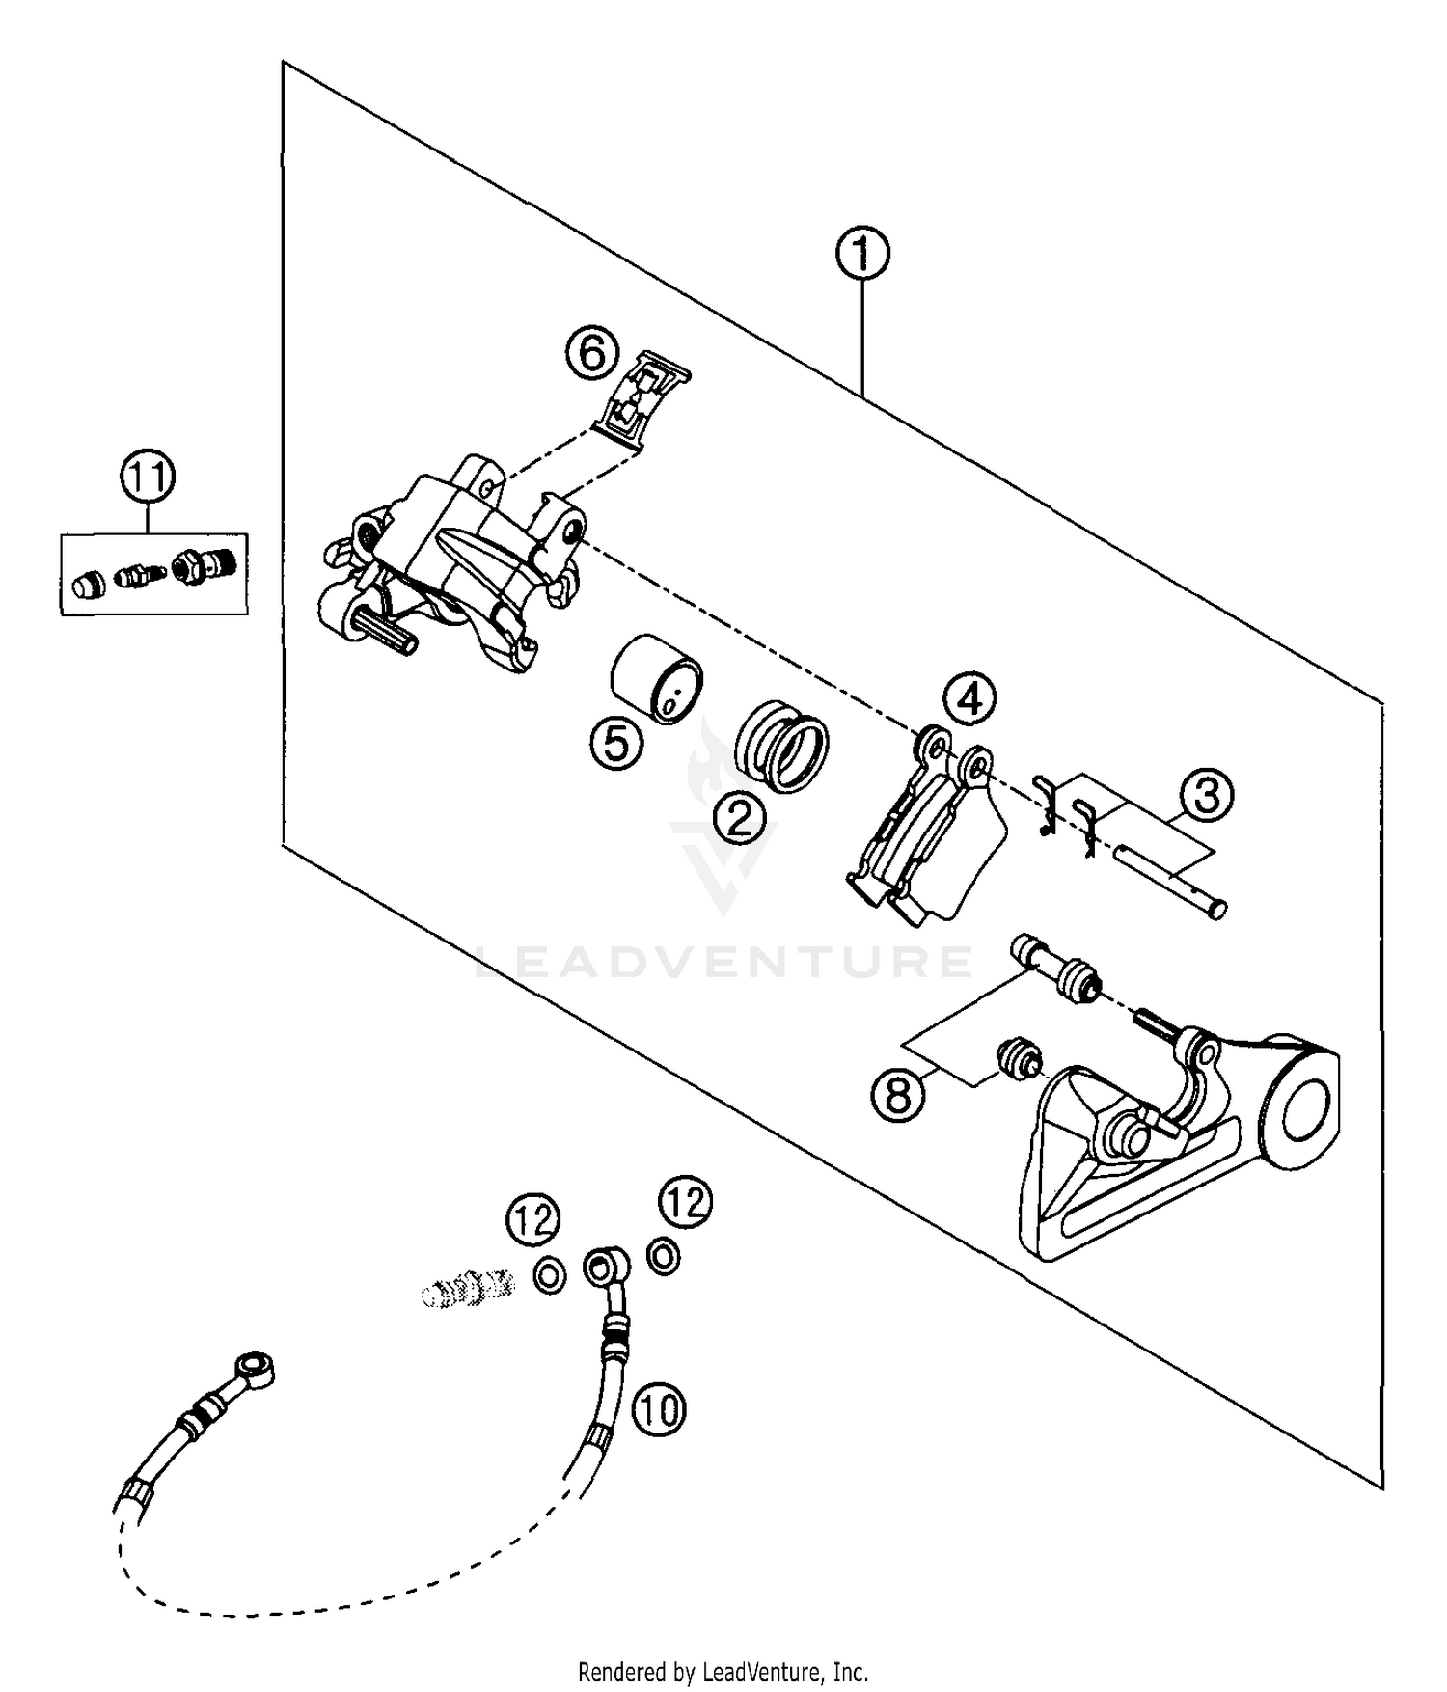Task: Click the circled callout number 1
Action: pos(861,254)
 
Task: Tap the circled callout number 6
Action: pos(591,352)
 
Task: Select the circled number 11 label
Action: pos(148,478)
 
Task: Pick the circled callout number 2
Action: pos(739,819)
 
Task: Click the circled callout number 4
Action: pos(969,698)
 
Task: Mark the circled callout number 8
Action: pos(898,1095)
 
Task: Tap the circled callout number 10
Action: pos(659,1409)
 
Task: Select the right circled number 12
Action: pos(686,1202)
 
